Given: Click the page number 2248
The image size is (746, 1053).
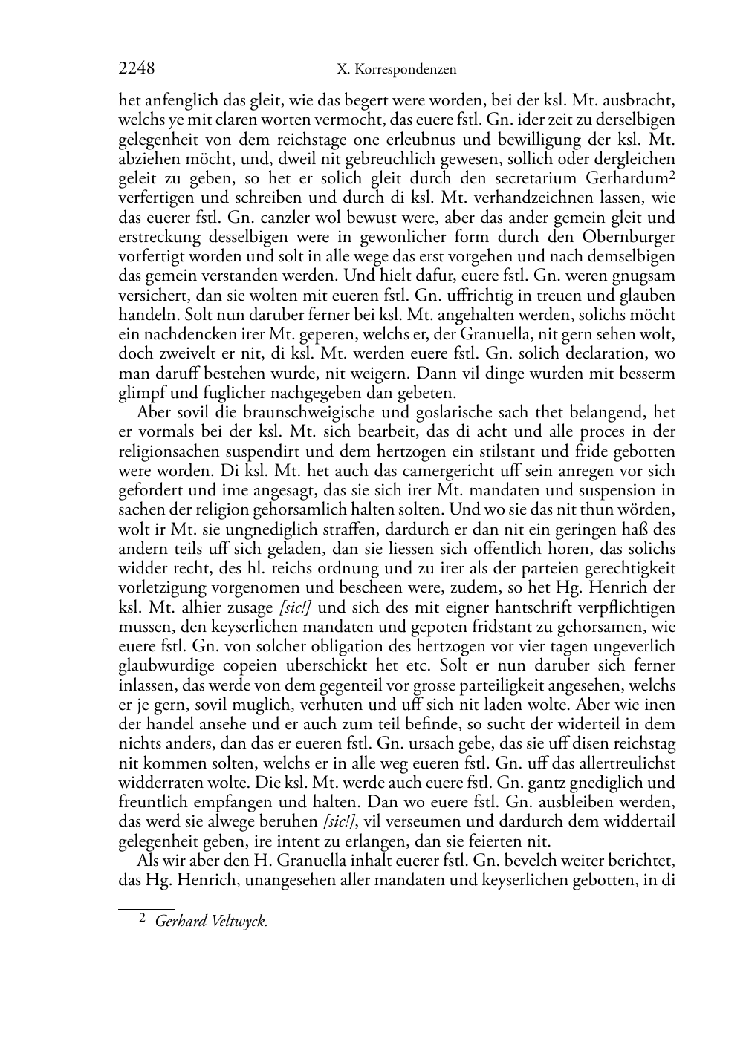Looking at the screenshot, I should pos(137,69).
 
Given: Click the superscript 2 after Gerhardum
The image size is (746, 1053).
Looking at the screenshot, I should pos(672,175).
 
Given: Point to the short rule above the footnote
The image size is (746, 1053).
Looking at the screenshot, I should pos(146,908).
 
